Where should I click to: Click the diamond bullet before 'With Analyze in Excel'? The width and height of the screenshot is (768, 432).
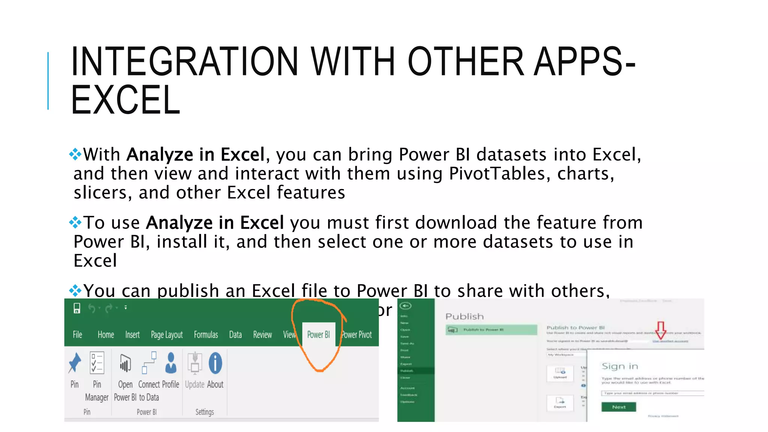75,154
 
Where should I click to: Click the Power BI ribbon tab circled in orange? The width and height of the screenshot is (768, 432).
318,334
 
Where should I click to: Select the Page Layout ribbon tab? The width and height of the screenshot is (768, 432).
166,334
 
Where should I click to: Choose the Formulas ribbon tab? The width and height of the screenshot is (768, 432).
205,334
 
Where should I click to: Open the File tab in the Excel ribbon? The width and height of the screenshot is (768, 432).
77,334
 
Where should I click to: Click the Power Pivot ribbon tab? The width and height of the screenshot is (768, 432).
357,334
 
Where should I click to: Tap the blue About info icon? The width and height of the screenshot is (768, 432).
215,363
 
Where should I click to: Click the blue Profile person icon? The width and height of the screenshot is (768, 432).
171,363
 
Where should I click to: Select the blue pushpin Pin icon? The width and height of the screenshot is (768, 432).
75,363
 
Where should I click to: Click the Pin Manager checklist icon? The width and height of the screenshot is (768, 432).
97,363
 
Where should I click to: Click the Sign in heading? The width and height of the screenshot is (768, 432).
619,366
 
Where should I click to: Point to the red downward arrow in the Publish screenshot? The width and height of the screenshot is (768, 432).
661,330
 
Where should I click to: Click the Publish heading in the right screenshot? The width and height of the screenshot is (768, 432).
464,316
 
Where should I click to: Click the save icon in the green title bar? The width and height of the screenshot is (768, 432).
77,308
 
